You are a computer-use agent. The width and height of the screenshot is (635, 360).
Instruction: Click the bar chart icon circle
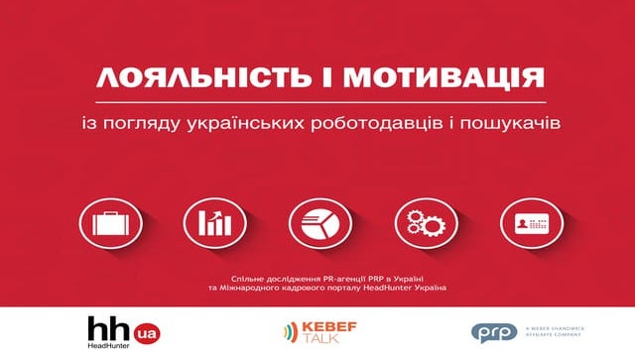pos(209,222)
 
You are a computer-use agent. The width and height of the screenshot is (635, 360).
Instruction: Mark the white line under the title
pos(317,101)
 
